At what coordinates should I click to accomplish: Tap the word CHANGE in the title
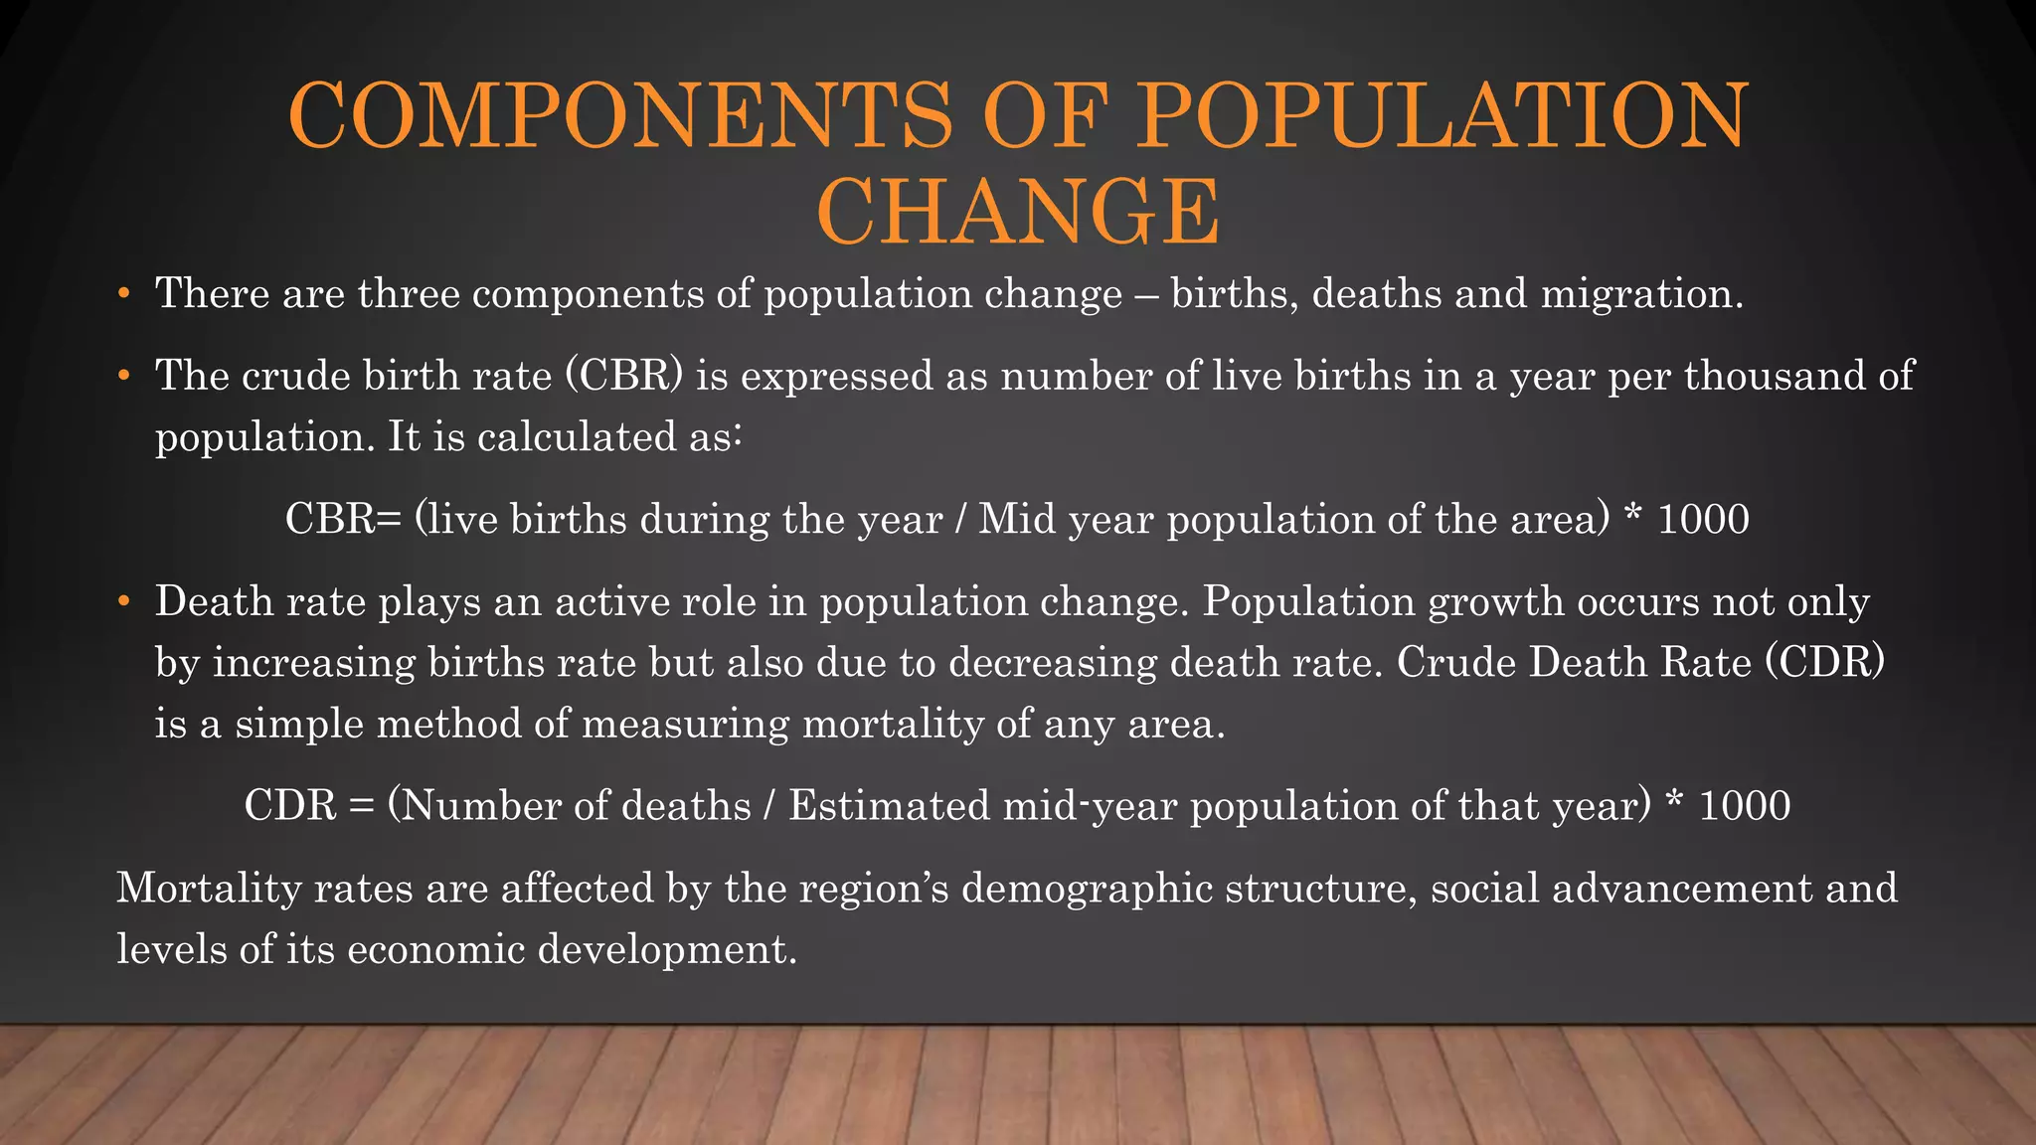click(1018, 211)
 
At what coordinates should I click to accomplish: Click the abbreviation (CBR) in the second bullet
click(624, 376)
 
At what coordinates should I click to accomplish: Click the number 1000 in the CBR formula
click(1703, 520)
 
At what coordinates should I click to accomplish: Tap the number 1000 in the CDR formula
click(1745, 806)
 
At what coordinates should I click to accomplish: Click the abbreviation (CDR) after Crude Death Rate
click(1824, 663)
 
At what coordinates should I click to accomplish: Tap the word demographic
click(1087, 889)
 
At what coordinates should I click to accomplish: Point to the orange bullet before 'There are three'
click(123, 294)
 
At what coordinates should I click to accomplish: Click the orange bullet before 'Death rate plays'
click(123, 602)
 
